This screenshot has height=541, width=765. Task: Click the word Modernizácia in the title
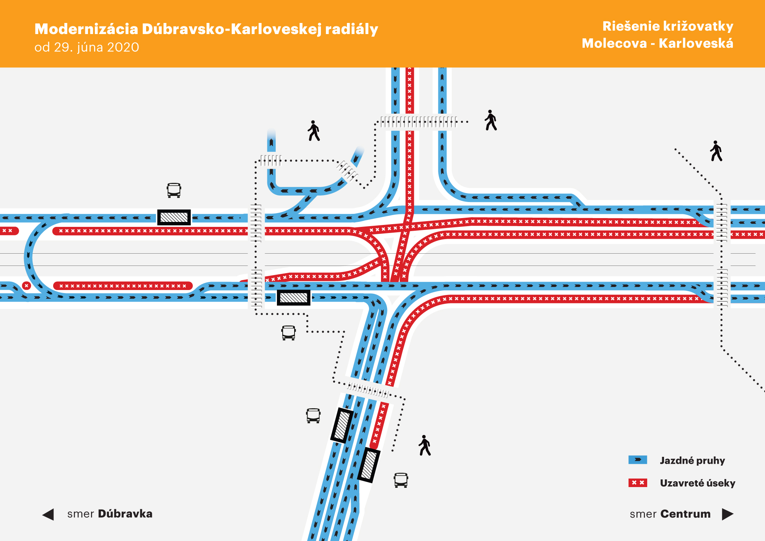click(86, 29)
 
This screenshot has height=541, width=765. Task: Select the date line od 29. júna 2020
click(87, 47)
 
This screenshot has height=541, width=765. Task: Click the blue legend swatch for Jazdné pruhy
click(638, 460)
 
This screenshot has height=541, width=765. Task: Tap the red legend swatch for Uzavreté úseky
click(638, 483)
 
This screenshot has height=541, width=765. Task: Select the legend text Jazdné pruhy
click(692, 460)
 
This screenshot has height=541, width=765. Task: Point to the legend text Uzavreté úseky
click(697, 483)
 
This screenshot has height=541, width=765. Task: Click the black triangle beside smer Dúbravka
click(48, 514)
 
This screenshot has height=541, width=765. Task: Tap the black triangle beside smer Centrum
click(727, 514)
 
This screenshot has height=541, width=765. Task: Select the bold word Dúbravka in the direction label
click(125, 513)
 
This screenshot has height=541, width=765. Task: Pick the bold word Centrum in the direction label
click(685, 514)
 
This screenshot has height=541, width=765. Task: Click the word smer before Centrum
click(643, 514)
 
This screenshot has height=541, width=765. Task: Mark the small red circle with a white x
click(26, 286)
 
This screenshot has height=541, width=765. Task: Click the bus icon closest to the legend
click(401, 480)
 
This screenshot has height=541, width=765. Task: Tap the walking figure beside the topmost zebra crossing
click(490, 120)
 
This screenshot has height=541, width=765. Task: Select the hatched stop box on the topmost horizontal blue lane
click(174, 217)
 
